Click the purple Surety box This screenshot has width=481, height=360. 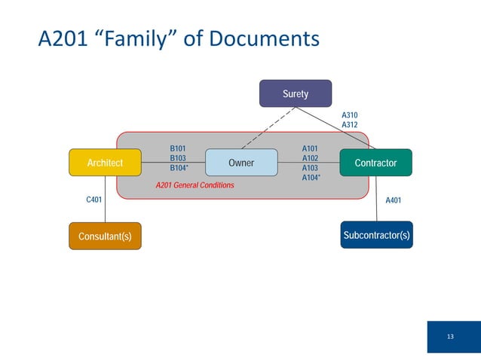pos(296,94)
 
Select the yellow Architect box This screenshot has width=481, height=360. pos(105,163)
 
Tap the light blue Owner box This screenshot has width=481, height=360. pos(241,163)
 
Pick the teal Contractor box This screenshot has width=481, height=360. pos(375,163)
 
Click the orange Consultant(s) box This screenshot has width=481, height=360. pos(105,236)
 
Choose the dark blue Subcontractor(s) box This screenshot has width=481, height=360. pos(376,235)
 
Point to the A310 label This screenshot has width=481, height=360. pos(350,115)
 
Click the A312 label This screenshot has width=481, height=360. pos(350,125)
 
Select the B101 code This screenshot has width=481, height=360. pos(178,149)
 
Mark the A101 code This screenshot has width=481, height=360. pos(310,149)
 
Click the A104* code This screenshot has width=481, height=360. pos(311,178)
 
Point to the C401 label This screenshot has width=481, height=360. pos(93,200)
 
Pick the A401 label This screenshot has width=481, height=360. pos(394,200)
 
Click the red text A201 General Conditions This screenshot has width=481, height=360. pos(195,185)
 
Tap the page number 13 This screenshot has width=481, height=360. pos(450,336)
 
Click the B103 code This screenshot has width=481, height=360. pos(178,158)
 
